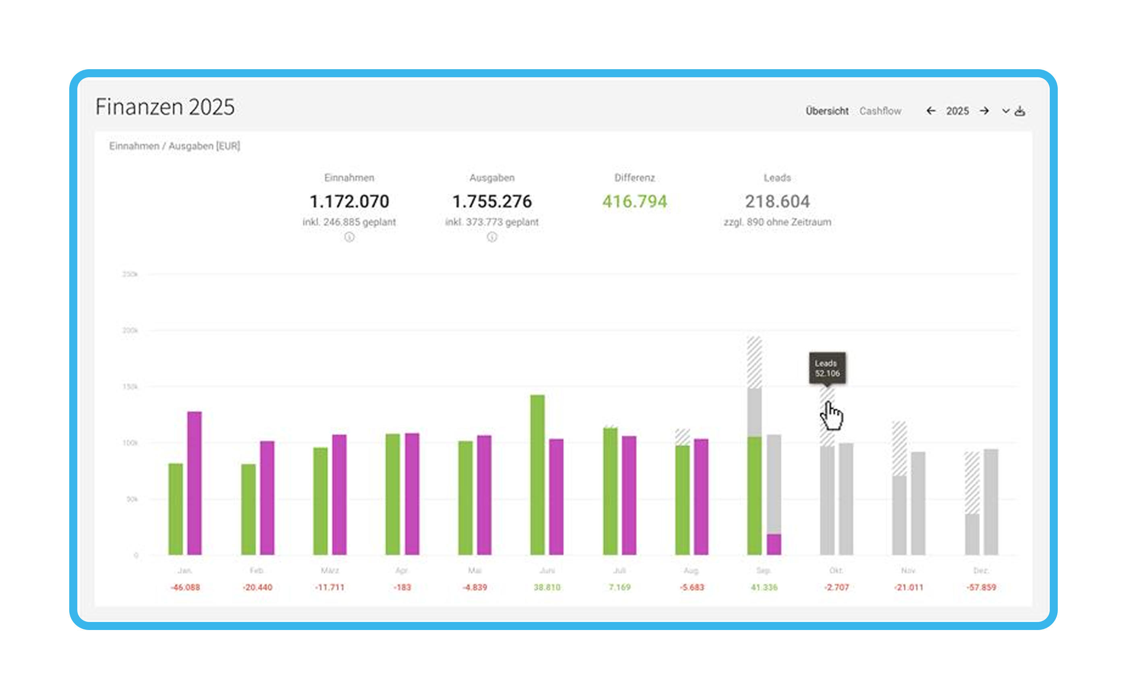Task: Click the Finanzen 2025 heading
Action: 165,107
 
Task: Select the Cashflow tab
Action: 880,111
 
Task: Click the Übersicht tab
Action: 827,111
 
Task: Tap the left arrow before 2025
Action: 931,111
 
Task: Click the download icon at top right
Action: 1020,111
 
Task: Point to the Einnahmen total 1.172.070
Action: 349,202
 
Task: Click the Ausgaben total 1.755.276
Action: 492,202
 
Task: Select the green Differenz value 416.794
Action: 635,202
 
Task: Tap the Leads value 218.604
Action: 777,202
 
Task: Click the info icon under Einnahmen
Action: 349,237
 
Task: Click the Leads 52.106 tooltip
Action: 827,369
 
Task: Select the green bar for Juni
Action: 537,475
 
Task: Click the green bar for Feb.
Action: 248,509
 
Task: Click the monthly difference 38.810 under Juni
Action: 547,587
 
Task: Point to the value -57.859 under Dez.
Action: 981,587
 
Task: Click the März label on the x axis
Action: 330,570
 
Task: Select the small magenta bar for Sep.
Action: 774,544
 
